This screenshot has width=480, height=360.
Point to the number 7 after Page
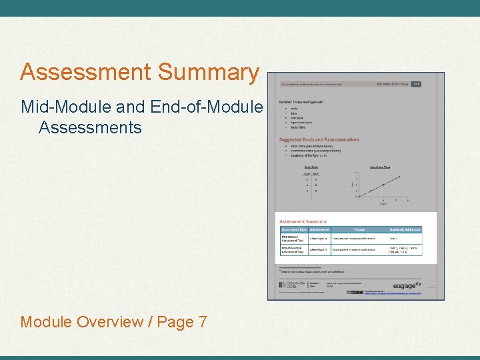point(202,322)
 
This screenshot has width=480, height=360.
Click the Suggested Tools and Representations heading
point(319,139)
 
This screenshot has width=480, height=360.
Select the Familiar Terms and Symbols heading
point(301,102)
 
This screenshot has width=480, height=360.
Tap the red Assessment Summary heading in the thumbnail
point(303,221)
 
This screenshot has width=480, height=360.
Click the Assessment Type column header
point(293,229)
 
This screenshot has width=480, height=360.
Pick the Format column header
point(359,229)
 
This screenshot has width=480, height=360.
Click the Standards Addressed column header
point(404,229)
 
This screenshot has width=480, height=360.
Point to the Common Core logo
point(291,285)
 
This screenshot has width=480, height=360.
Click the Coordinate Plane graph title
point(379,167)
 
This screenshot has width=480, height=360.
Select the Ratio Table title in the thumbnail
point(311,167)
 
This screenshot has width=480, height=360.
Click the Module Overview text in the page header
point(393,85)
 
